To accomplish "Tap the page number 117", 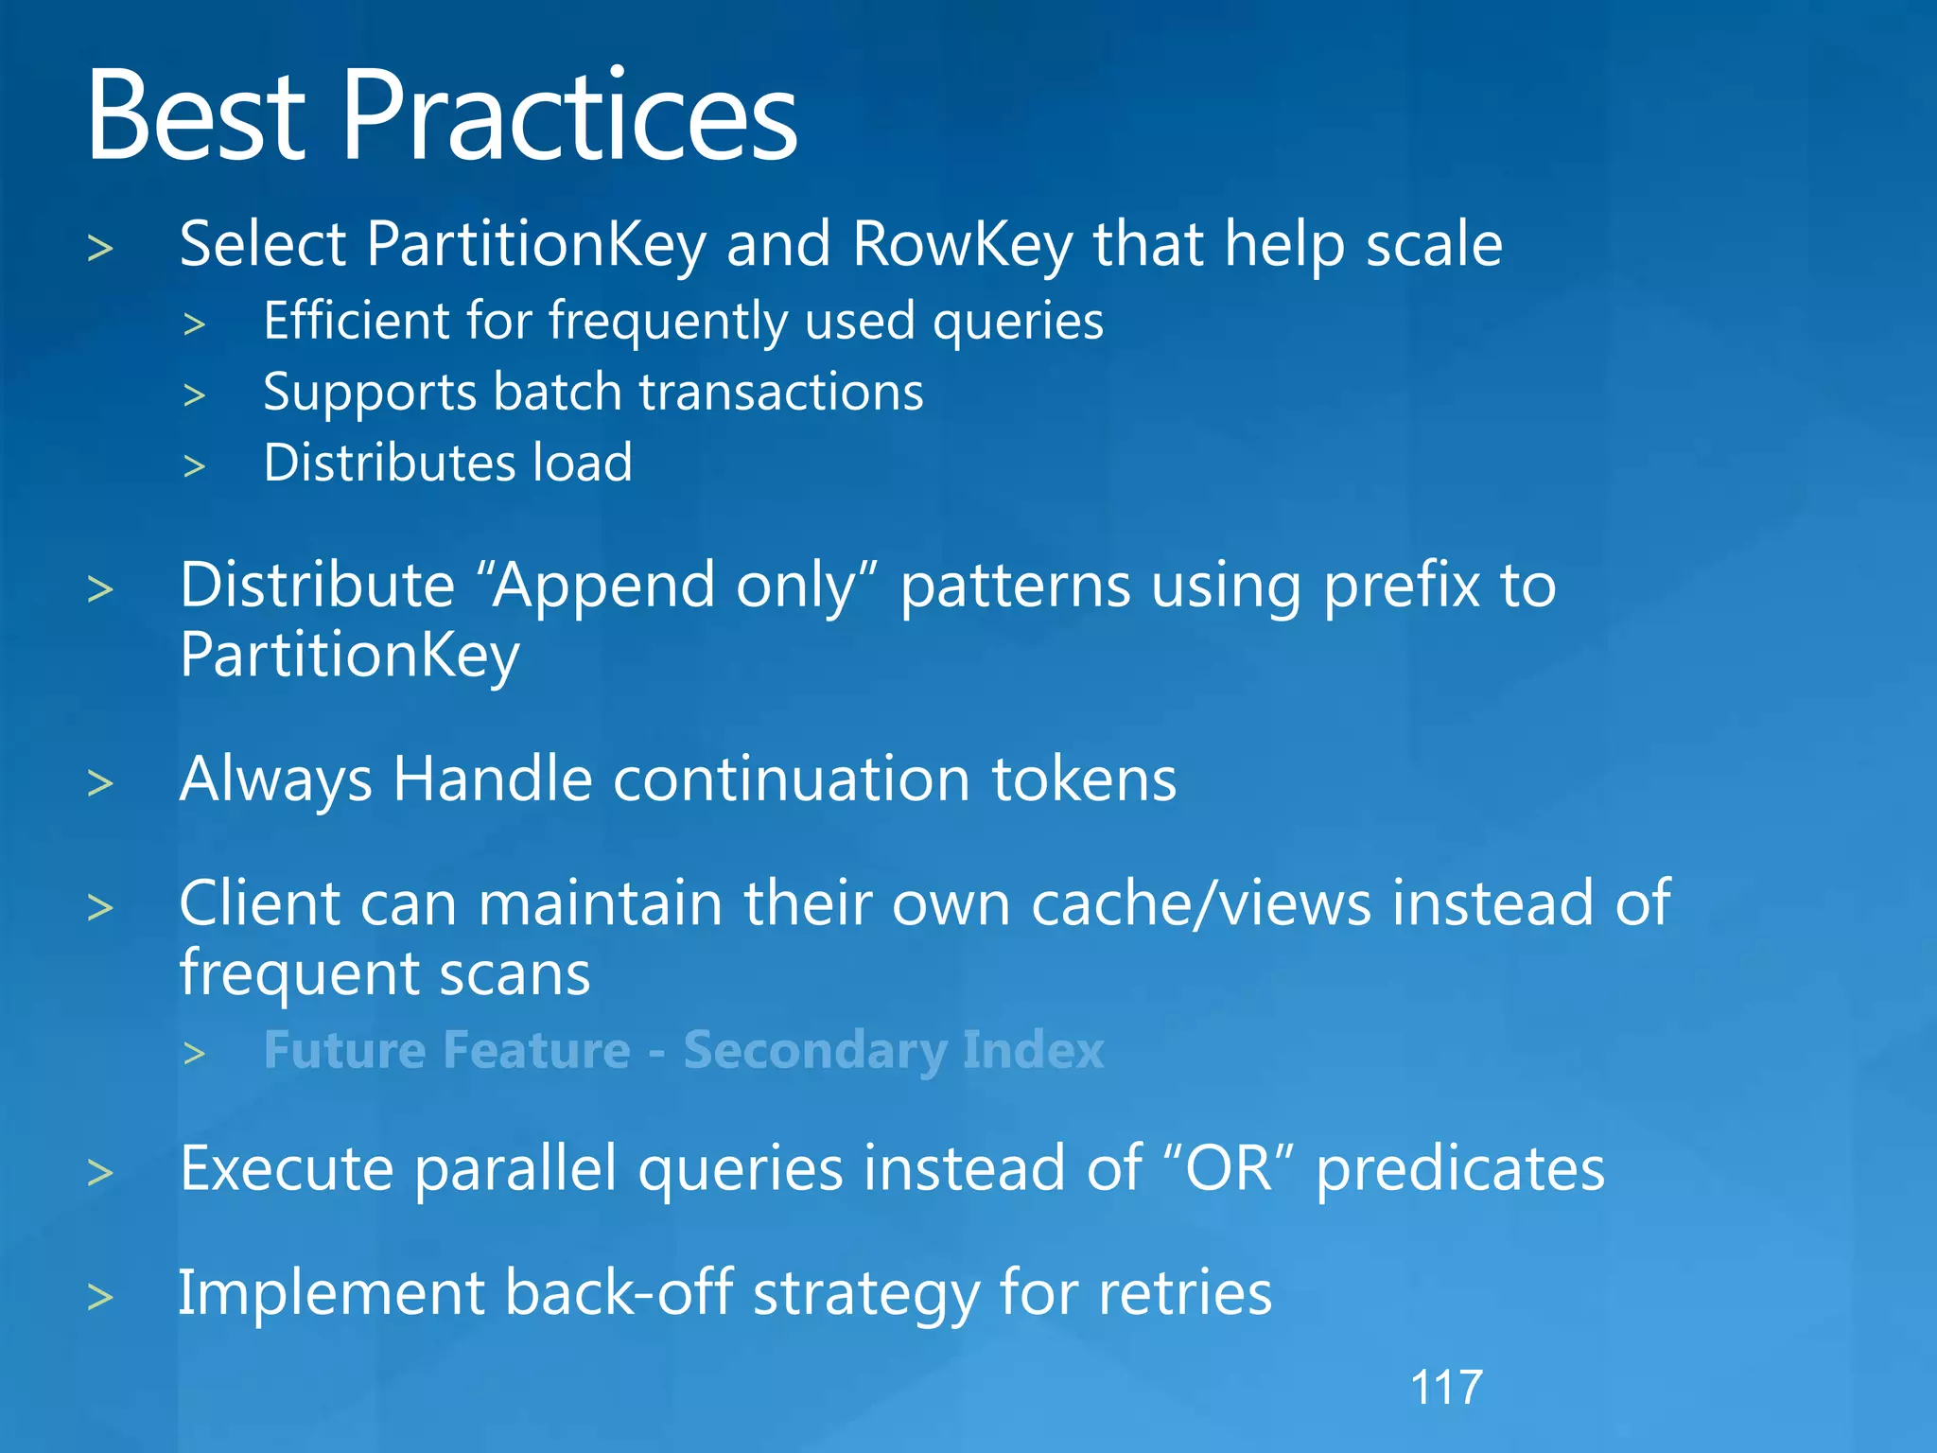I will coord(1445,1388).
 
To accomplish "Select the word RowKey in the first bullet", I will coord(962,245).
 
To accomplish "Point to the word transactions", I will coord(781,393).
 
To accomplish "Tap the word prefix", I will coord(1402,586).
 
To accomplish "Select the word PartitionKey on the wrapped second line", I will coord(349,656).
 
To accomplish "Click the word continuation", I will coord(791,779).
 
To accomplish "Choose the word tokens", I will coord(1084,779).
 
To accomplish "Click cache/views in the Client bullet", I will coord(1200,903).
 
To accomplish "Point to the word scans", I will coord(515,974).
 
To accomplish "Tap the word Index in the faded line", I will coord(1033,1051).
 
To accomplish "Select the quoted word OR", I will coord(1229,1169).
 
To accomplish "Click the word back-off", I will coord(619,1293).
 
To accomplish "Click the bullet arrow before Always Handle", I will coord(99,783).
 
